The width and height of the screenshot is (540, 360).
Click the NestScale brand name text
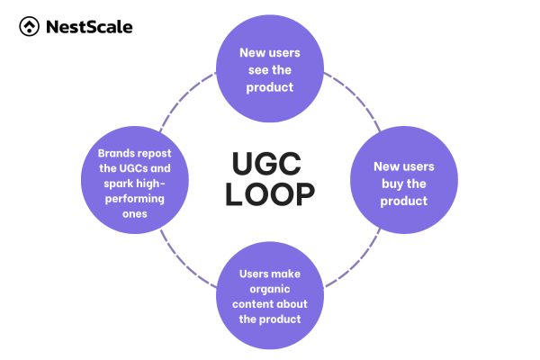tap(87, 27)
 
